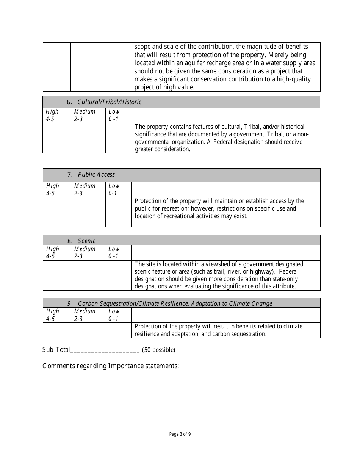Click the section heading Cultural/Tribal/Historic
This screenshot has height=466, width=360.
coord(109,102)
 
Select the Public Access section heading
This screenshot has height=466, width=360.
coord(96,174)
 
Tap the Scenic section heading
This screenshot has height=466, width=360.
coord(87,241)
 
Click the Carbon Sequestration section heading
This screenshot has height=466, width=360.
coord(175,303)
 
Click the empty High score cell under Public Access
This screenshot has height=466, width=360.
coord(57,212)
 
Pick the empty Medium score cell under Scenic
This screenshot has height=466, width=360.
coord(88,275)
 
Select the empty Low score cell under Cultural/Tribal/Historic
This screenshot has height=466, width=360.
coord(118,138)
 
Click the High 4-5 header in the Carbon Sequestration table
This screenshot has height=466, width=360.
coord(53,315)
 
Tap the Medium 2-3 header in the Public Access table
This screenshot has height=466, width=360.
coord(85,189)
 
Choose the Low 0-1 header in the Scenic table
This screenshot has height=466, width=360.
coord(114,252)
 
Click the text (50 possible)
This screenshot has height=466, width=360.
coord(158,350)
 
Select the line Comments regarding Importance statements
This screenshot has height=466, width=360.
coord(111,366)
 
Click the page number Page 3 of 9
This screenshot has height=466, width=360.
coord(180,434)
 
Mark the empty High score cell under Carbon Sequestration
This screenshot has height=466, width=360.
coord(57,330)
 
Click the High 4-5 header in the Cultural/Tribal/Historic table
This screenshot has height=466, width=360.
coord(52,115)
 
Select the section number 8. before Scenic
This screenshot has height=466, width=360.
coord(70,241)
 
